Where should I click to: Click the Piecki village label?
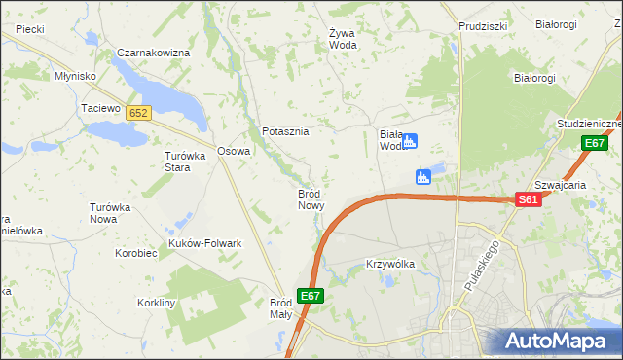click(29, 29)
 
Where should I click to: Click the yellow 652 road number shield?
click(137, 114)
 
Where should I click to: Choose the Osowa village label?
click(234, 151)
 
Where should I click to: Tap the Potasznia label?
click(285, 131)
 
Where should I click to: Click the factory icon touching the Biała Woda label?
click(410, 141)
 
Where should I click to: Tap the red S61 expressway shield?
click(527, 199)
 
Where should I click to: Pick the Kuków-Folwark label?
click(205, 243)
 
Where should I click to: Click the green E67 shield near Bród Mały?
click(311, 296)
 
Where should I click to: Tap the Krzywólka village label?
click(390, 264)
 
